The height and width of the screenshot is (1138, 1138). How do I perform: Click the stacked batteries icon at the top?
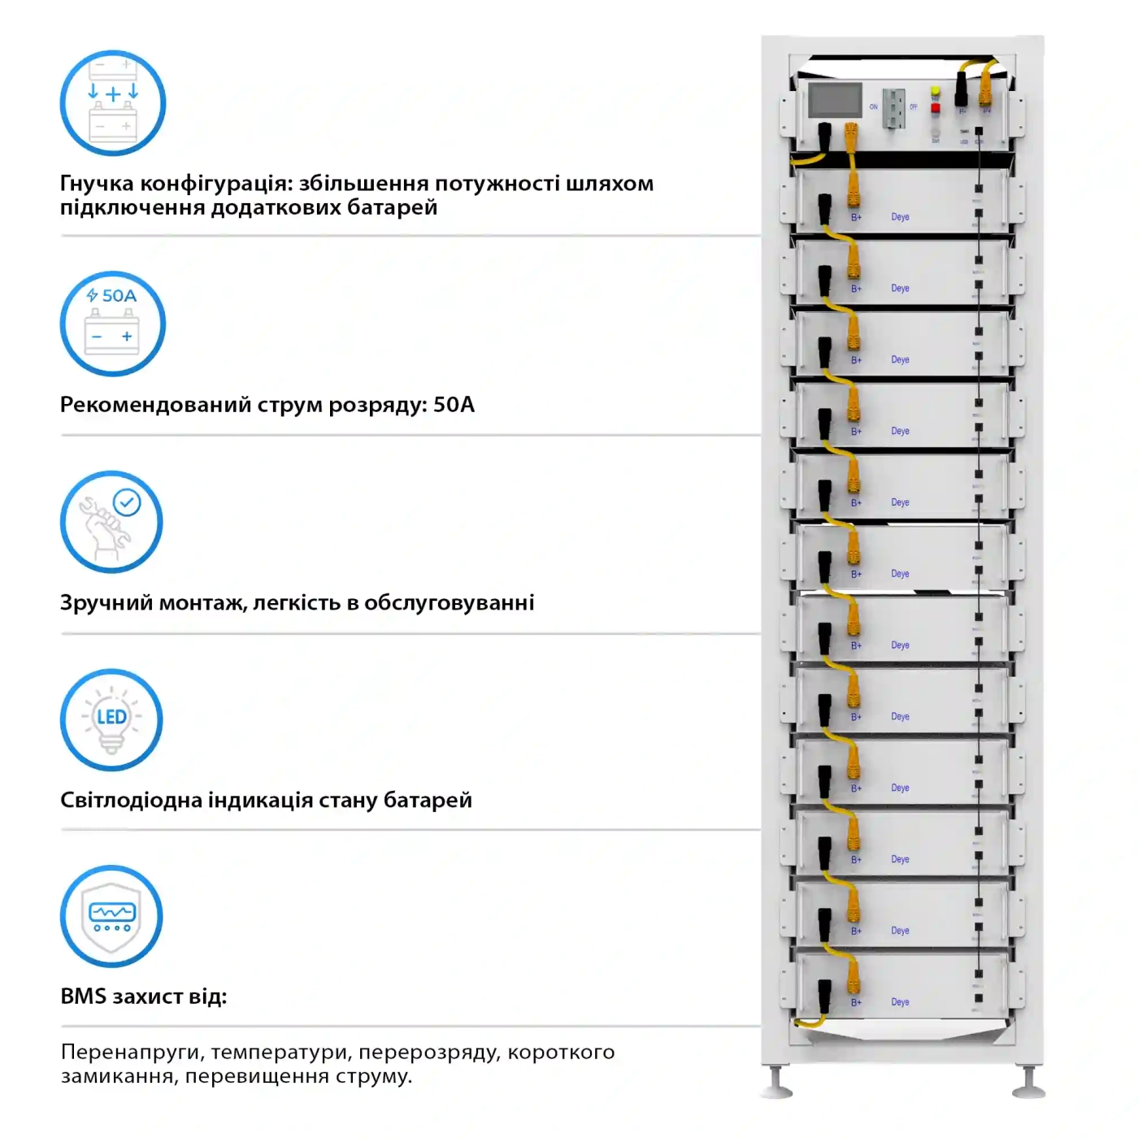tap(113, 103)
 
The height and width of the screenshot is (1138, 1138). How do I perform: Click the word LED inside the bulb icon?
tap(111, 717)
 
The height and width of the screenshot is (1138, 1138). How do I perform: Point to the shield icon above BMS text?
tap(112, 916)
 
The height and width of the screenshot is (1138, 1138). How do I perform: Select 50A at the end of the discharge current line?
tap(454, 405)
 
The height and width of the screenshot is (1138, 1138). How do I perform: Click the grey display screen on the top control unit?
tap(835, 101)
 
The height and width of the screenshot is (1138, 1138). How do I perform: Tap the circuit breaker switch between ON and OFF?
tap(893, 107)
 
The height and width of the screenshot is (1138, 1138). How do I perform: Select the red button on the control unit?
tap(936, 108)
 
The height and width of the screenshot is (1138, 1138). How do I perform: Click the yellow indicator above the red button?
tap(936, 91)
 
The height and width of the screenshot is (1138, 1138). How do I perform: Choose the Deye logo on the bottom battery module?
tap(900, 1002)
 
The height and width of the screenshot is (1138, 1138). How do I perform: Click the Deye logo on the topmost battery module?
tap(900, 217)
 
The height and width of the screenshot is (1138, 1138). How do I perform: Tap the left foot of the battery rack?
tap(776, 1085)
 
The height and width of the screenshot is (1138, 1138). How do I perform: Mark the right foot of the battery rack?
tap(1029, 1085)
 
